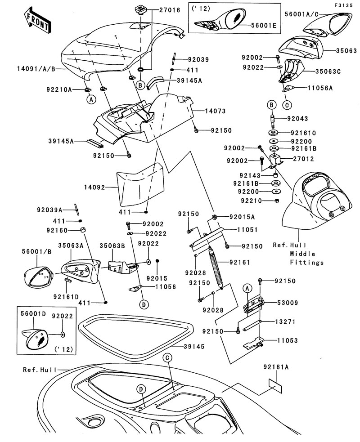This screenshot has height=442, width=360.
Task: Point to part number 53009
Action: tap(301, 303)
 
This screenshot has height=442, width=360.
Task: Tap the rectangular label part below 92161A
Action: tap(275, 383)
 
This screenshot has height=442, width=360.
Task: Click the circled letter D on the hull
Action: tap(141, 389)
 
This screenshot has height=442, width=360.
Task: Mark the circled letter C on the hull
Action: tap(167, 358)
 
